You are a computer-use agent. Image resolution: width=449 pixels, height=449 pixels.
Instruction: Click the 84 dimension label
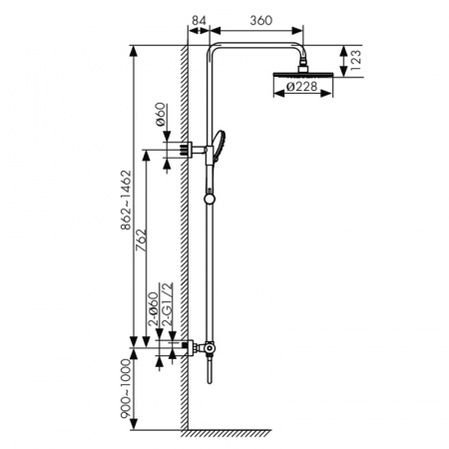[x=199, y=20]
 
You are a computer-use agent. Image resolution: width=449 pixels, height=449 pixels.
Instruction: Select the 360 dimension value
[x=261, y=20]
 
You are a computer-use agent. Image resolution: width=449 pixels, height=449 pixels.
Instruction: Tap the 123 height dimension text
[x=355, y=60]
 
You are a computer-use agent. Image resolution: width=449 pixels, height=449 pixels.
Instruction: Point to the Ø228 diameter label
[x=301, y=87]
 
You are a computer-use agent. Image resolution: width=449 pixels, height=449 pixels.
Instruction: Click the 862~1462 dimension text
[x=126, y=200]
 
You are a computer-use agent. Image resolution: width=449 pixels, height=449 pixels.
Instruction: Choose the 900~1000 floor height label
[x=126, y=388]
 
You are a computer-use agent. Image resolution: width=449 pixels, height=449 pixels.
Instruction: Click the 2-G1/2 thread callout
[x=168, y=304]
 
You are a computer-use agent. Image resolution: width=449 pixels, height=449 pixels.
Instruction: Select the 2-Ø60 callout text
[x=153, y=309]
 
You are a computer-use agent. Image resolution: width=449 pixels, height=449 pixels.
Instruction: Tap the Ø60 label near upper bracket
[x=161, y=115]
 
